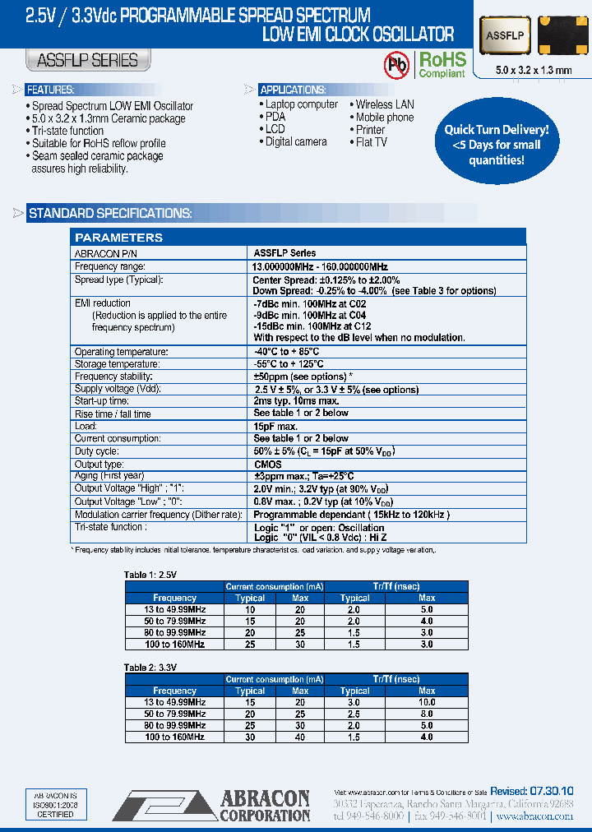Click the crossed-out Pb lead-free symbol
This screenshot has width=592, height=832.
point(397,64)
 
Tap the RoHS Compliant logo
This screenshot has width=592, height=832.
point(442,64)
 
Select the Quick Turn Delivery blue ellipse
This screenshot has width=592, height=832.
point(496,145)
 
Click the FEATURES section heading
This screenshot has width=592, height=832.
point(50,90)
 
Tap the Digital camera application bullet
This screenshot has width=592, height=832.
point(295,141)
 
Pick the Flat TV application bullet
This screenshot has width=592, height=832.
point(371,141)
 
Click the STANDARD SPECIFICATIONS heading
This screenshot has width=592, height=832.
point(110,214)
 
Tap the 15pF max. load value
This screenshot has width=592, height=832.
point(275,427)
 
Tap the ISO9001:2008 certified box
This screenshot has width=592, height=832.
point(56,805)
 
